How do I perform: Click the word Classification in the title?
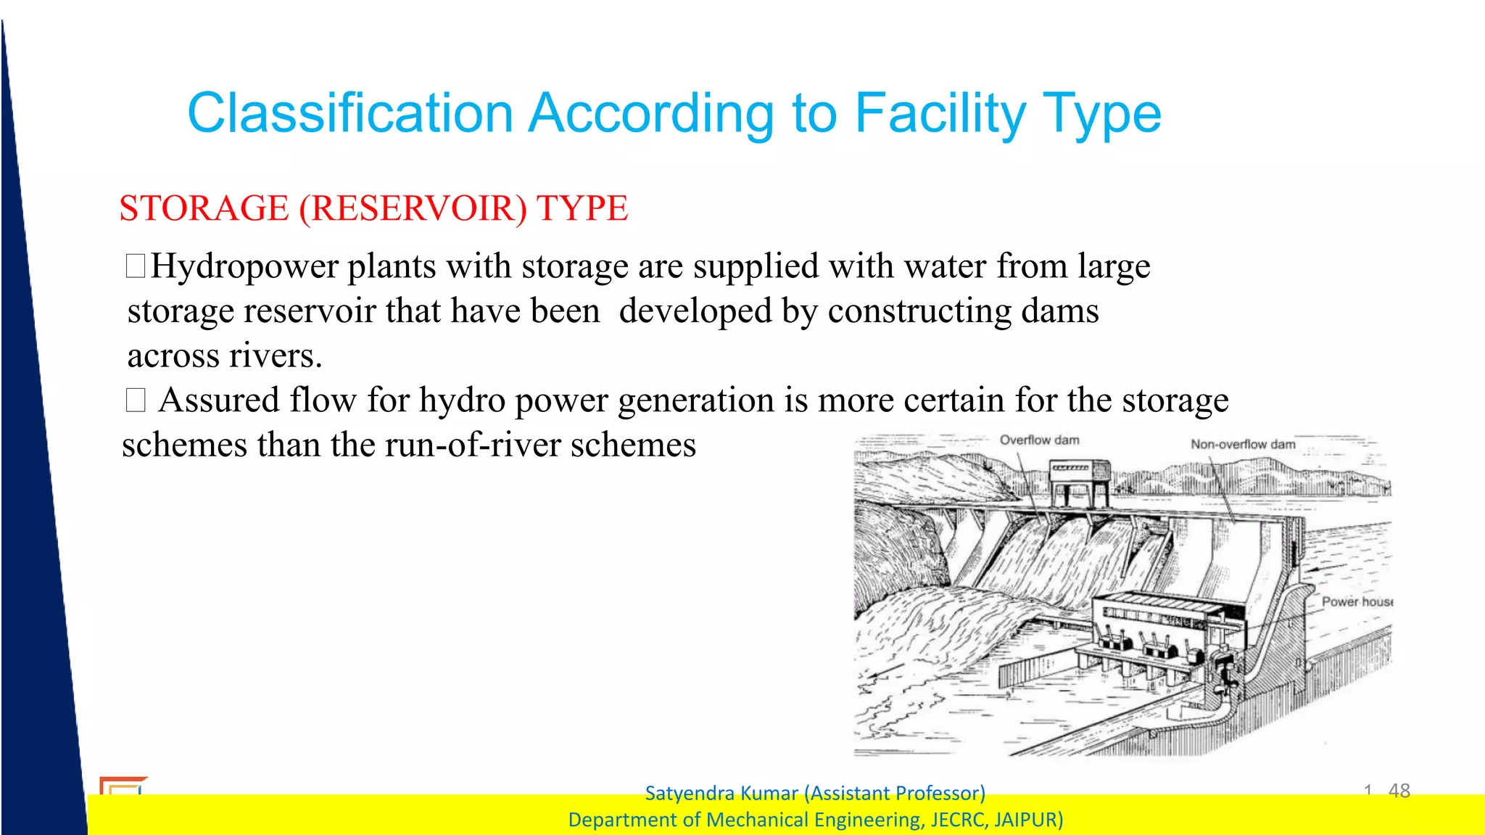click(x=350, y=113)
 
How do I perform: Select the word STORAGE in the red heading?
click(x=204, y=208)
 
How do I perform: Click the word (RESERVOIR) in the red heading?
click(x=413, y=208)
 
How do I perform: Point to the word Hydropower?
click(x=244, y=266)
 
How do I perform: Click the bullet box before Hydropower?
click(x=136, y=266)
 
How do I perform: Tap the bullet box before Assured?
click(x=136, y=400)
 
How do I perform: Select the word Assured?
click(x=219, y=400)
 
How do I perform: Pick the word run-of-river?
click(x=472, y=445)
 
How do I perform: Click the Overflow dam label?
click(x=1039, y=440)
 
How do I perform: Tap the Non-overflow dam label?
click(x=1242, y=444)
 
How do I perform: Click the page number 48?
click(x=1399, y=791)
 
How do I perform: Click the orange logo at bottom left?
click(x=122, y=786)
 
